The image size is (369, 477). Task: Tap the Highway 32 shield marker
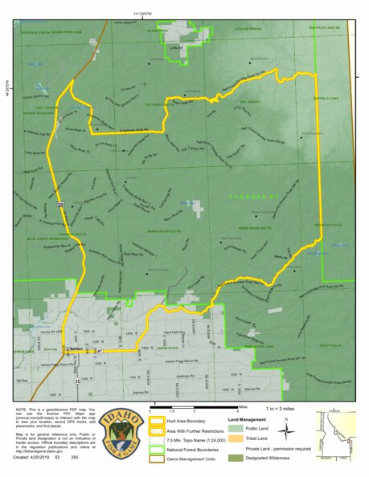click(x=77, y=381)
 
